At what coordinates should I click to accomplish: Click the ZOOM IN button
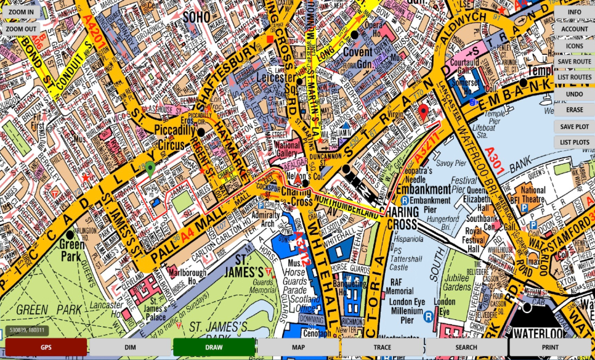click(22, 12)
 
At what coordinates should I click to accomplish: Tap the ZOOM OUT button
click(22, 29)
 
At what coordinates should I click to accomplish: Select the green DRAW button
click(214, 347)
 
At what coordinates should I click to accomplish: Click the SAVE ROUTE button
click(574, 62)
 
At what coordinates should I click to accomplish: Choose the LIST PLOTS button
click(574, 142)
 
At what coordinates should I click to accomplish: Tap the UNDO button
click(574, 94)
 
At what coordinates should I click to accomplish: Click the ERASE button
click(574, 110)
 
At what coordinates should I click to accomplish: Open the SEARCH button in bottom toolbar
click(466, 347)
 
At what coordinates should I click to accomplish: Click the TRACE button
click(382, 347)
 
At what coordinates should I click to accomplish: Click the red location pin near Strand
click(423, 112)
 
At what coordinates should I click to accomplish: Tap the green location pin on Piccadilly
click(150, 169)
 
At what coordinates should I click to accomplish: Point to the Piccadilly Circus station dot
click(201, 132)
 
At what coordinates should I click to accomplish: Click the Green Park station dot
click(70, 234)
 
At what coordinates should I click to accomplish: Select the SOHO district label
click(196, 17)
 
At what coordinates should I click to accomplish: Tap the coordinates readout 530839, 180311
click(26, 331)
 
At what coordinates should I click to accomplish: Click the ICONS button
click(574, 46)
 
